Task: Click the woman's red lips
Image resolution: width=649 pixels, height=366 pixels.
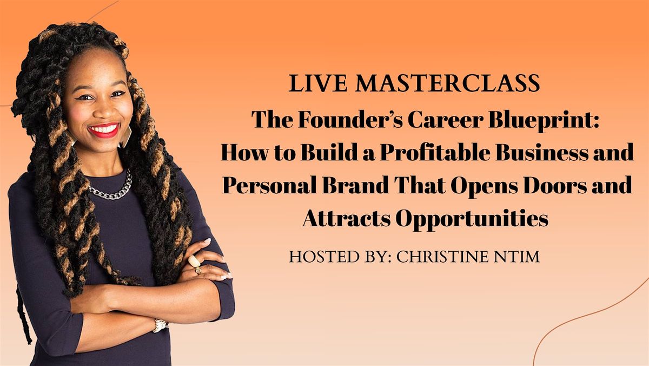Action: [x=104, y=130]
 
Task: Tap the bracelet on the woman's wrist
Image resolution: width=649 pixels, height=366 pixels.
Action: [x=161, y=325]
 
